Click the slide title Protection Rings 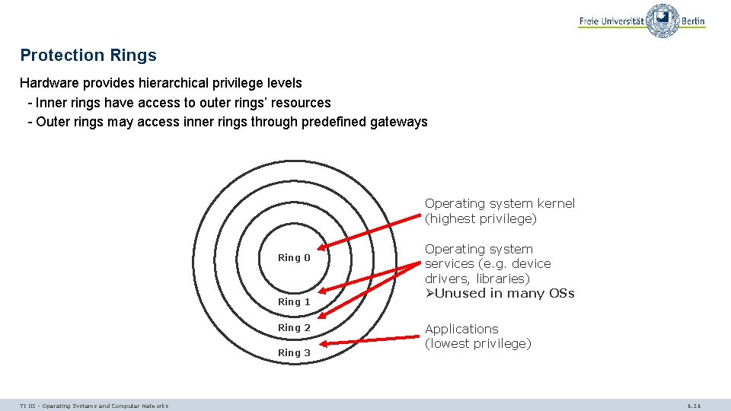pos(88,56)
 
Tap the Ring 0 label pos(294,258)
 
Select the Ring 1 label pos(294,302)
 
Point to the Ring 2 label pos(294,327)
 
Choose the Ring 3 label pos(294,352)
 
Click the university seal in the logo pos(662,21)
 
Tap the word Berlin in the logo pos(693,21)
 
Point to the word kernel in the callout pos(557,203)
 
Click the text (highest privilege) pos(480,219)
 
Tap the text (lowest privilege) pos(477,344)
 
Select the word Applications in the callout pos(461,329)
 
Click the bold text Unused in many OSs pos(504,294)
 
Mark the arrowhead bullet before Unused pos(429,294)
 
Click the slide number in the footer pos(694,406)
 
